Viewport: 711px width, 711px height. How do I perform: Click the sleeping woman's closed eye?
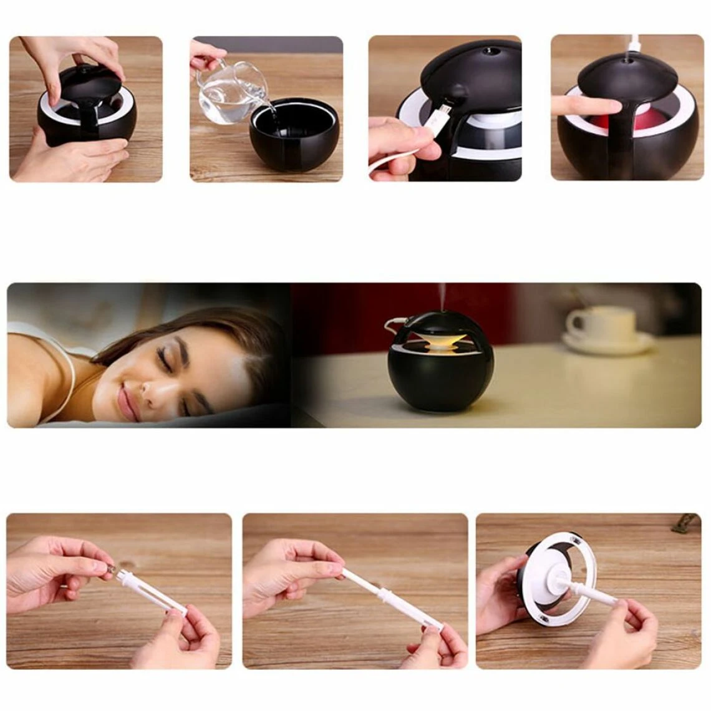pyautogui.click(x=166, y=359)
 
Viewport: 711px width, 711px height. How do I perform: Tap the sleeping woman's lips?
pyautogui.click(x=128, y=403)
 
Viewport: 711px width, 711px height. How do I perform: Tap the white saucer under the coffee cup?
pyautogui.click(x=609, y=344)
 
